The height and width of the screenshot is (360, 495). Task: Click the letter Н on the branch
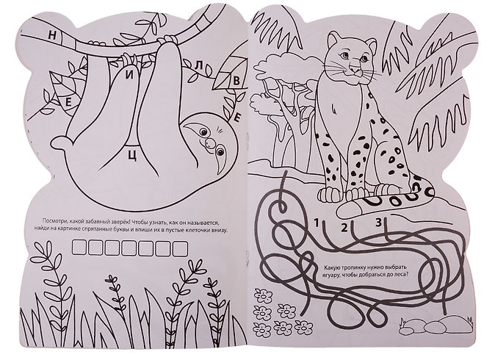click(x=52, y=35)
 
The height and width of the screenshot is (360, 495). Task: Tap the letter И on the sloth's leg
click(x=129, y=76)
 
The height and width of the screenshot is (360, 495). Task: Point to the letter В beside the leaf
click(x=236, y=81)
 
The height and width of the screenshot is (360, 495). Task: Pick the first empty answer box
click(x=79, y=248)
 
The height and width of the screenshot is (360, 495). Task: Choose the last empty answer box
click(x=180, y=248)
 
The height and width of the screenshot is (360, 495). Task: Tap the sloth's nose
click(x=209, y=142)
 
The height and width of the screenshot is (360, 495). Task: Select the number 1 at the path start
click(x=317, y=223)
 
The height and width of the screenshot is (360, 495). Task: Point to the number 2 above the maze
click(x=344, y=227)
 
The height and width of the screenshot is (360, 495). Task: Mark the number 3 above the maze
click(x=378, y=223)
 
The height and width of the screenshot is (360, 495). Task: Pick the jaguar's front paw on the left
click(x=329, y=193)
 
